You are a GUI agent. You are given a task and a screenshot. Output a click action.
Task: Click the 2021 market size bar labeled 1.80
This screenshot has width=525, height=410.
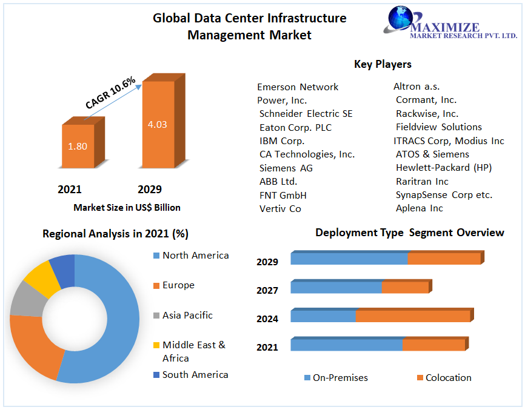pyautogui.click(x=78, y=146)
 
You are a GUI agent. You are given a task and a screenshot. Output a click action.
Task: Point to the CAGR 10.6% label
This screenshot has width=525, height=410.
pyautogui.click(x=110, y=93)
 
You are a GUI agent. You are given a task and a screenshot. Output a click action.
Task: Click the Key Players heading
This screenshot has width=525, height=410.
pyautogui.click(x=383, y=64)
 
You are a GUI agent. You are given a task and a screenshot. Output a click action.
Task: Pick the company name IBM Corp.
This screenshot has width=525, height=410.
pyautogui.click(x=282, y=141)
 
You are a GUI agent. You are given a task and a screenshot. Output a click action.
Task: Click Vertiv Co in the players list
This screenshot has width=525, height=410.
pyautogui.click(x=280, y=209)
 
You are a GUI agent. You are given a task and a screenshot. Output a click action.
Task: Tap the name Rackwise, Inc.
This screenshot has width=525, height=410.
pyautogui.click(x=427, y=114)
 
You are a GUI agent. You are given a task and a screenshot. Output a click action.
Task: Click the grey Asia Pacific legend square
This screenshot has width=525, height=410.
pyautogui.click(x=156, y=316)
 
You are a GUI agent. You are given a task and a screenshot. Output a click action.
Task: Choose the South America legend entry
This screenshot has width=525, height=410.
pyautogui.click(x=195, y=375)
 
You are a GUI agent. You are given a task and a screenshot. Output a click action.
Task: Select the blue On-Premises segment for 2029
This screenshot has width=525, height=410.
pyautogui.click(x=349, y=259)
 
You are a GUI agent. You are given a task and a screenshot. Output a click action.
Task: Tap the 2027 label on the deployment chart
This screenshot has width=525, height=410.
pyautogui.click(x=267, y=291)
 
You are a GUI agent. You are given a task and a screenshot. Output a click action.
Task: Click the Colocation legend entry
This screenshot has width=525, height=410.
pyautogui.click(x=448, y=378)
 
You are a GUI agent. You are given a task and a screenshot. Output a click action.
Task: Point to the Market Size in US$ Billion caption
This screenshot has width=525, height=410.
pyautogui.click(x=127, y=208)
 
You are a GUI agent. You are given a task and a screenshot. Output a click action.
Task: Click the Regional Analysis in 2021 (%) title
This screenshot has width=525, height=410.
pyautogui.click(x=116, y=234)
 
